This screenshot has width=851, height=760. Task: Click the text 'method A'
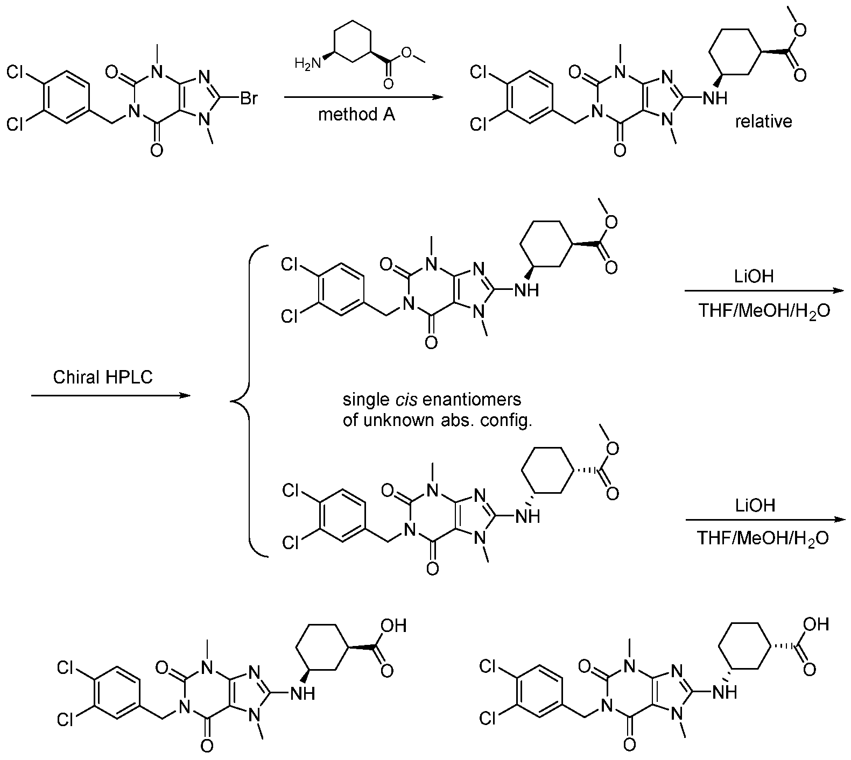pyautogui.click(x=356, y=115)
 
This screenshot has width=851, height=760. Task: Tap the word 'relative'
pyautogui.click(x=764, y=122)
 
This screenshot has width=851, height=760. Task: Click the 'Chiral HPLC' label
pyautogui.click(x=103, y=377)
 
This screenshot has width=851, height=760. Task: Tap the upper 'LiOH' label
pyautogui.click(x=755, y=277)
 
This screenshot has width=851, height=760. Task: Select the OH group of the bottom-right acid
pyautogui.click(x=815, y=624)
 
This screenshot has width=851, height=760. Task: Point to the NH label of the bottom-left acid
pyautogui.click(x=304, y=694)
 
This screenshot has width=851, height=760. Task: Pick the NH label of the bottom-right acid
pyautogui.click(x=726, y=692)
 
